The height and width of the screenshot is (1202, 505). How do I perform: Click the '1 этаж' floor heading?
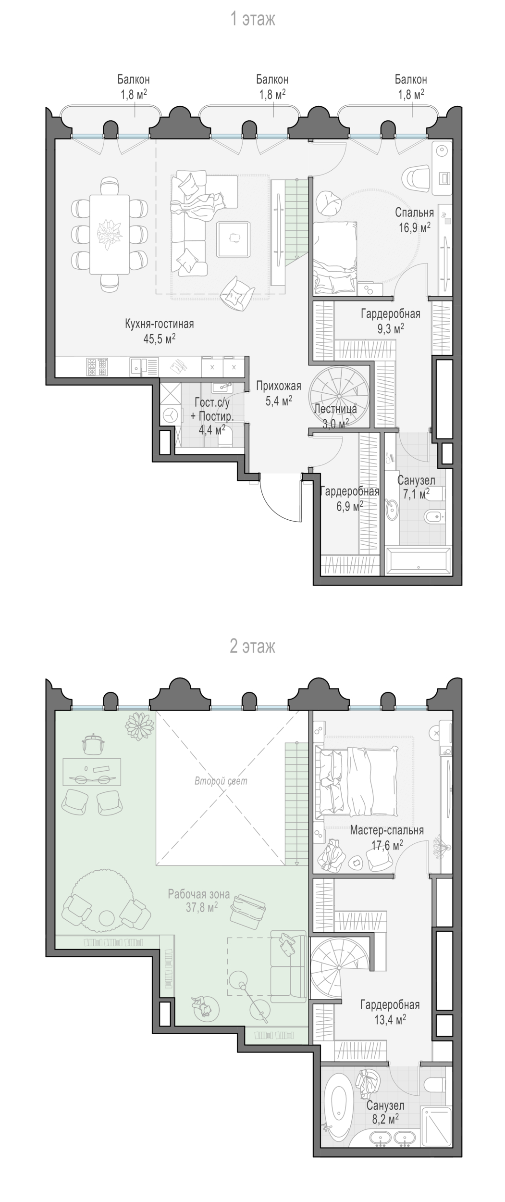pos(252,20)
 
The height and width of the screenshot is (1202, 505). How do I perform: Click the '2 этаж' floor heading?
pos(252,646)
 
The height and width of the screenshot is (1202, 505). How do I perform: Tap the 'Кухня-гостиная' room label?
pos(159,324)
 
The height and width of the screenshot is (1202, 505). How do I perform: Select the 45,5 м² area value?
pos(159,339)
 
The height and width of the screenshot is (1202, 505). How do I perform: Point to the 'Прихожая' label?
pos(279,386)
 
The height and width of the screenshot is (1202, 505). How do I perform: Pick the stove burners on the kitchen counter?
pos(96,367)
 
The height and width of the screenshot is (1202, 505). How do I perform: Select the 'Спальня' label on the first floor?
pos(414,213)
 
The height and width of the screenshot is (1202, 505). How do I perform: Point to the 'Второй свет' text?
pos(221,781)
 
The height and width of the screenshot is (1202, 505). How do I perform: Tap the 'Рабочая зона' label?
pos(199,894)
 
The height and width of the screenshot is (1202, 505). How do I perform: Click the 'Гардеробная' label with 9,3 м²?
pos(391,314)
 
